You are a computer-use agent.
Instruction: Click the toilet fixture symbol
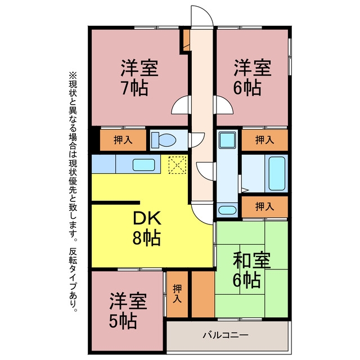tap(164, 139)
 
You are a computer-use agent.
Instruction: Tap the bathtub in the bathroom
tap(277, 173)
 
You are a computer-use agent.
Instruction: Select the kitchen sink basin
tap(144, 165)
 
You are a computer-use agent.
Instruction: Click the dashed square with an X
tap(177, 165)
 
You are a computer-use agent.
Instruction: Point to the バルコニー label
tap(226, 335)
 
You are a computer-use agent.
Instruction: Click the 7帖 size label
tap(135, 88)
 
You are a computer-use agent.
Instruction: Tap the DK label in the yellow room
tap(147, 218)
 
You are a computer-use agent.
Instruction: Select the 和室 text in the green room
tap(251, 260)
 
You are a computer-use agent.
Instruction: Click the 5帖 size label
tap(123, 321)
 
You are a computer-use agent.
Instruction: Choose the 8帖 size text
tap(146, 238)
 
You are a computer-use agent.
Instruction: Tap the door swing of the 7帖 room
tap(179, 106)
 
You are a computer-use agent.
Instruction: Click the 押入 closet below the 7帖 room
tap(123, 140)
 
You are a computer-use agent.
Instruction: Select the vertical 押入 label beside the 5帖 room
tap(177, 293)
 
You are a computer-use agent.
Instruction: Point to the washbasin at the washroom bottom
tap(227, 210)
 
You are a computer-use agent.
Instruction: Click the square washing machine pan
tap(227, 140)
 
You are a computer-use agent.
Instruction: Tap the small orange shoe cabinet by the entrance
tap(187, 40)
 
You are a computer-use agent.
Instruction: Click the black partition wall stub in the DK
tap(116, 202)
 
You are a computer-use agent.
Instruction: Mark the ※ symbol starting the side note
tap(73, 75)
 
